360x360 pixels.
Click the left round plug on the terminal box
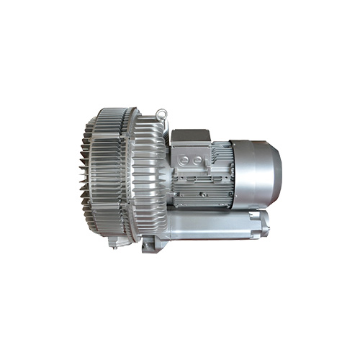(x=184, y=159)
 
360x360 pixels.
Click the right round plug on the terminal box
(x=199, y=159)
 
